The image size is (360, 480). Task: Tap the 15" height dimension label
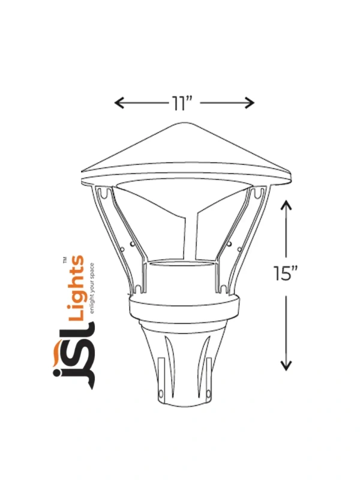286,273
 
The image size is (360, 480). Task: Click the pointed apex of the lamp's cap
185,122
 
